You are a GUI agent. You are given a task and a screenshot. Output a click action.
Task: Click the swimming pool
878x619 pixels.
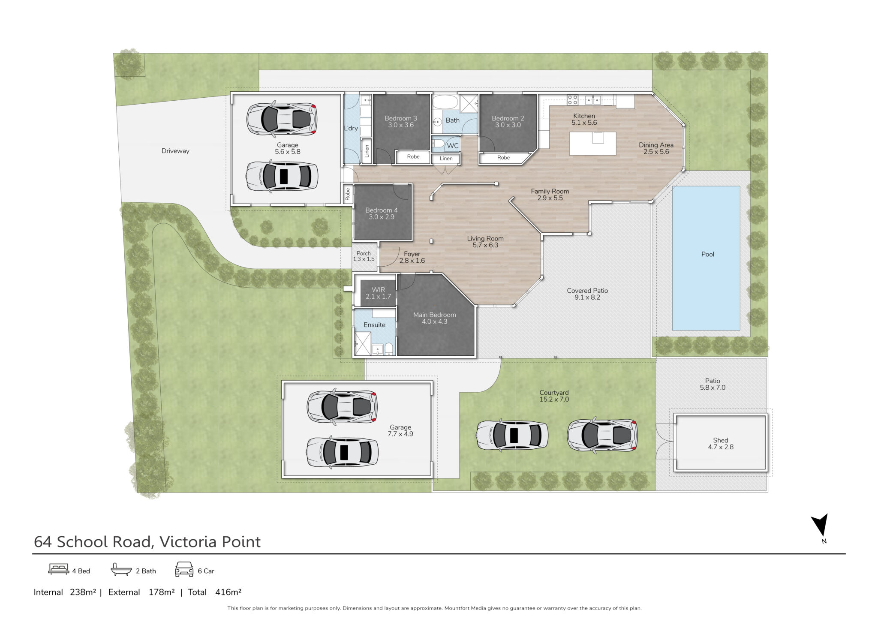pyautogui.click(x=706, y=258)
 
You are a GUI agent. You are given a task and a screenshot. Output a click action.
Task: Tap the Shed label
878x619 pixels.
pyautogui.click(x=721, y=440)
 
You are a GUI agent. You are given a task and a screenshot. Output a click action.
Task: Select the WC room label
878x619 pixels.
pyautogui.click(x=453, y=146)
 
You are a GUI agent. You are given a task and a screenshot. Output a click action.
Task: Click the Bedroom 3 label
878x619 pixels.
pyautogui.click(x=401, y=118)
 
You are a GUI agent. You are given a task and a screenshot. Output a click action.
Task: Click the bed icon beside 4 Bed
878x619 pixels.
pyautogui.click(x=58, y=569)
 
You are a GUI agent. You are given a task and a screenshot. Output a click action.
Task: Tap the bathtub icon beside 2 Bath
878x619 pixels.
pyautogui.click(x=121, y=569)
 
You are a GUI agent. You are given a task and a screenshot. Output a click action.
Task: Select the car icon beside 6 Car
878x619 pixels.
pyautogui.click(x=184, y=569)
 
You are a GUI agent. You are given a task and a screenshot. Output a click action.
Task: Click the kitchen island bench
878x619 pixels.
pyautogui.click(x=593, y=144)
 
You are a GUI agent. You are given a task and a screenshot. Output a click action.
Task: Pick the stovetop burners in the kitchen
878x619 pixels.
pyautogui.click(x=573, y=100)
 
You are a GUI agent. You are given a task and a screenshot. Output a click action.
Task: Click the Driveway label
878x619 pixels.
pyautogui.click(x=175, y=151)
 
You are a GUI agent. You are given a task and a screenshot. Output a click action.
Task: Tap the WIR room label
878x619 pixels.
pyautogui.click(x=378, y=290)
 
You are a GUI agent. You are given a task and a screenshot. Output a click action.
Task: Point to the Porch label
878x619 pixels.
pyautogui.click(x=364, y=253)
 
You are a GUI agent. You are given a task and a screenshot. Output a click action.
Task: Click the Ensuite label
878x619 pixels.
pyautogui.click(x=375, y=325)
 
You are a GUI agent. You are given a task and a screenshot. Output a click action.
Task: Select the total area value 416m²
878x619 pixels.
pyautogui.click(x=229, y=592)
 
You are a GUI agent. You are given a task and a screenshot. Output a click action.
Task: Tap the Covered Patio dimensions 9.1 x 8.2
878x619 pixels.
pyautogui.click(x=587, y=297)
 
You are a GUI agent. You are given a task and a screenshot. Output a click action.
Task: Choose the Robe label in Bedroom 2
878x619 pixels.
pyautogui.click(x=504, y=158)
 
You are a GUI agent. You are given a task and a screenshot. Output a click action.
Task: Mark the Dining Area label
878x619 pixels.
pyautogui.click(x=656, y=145)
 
